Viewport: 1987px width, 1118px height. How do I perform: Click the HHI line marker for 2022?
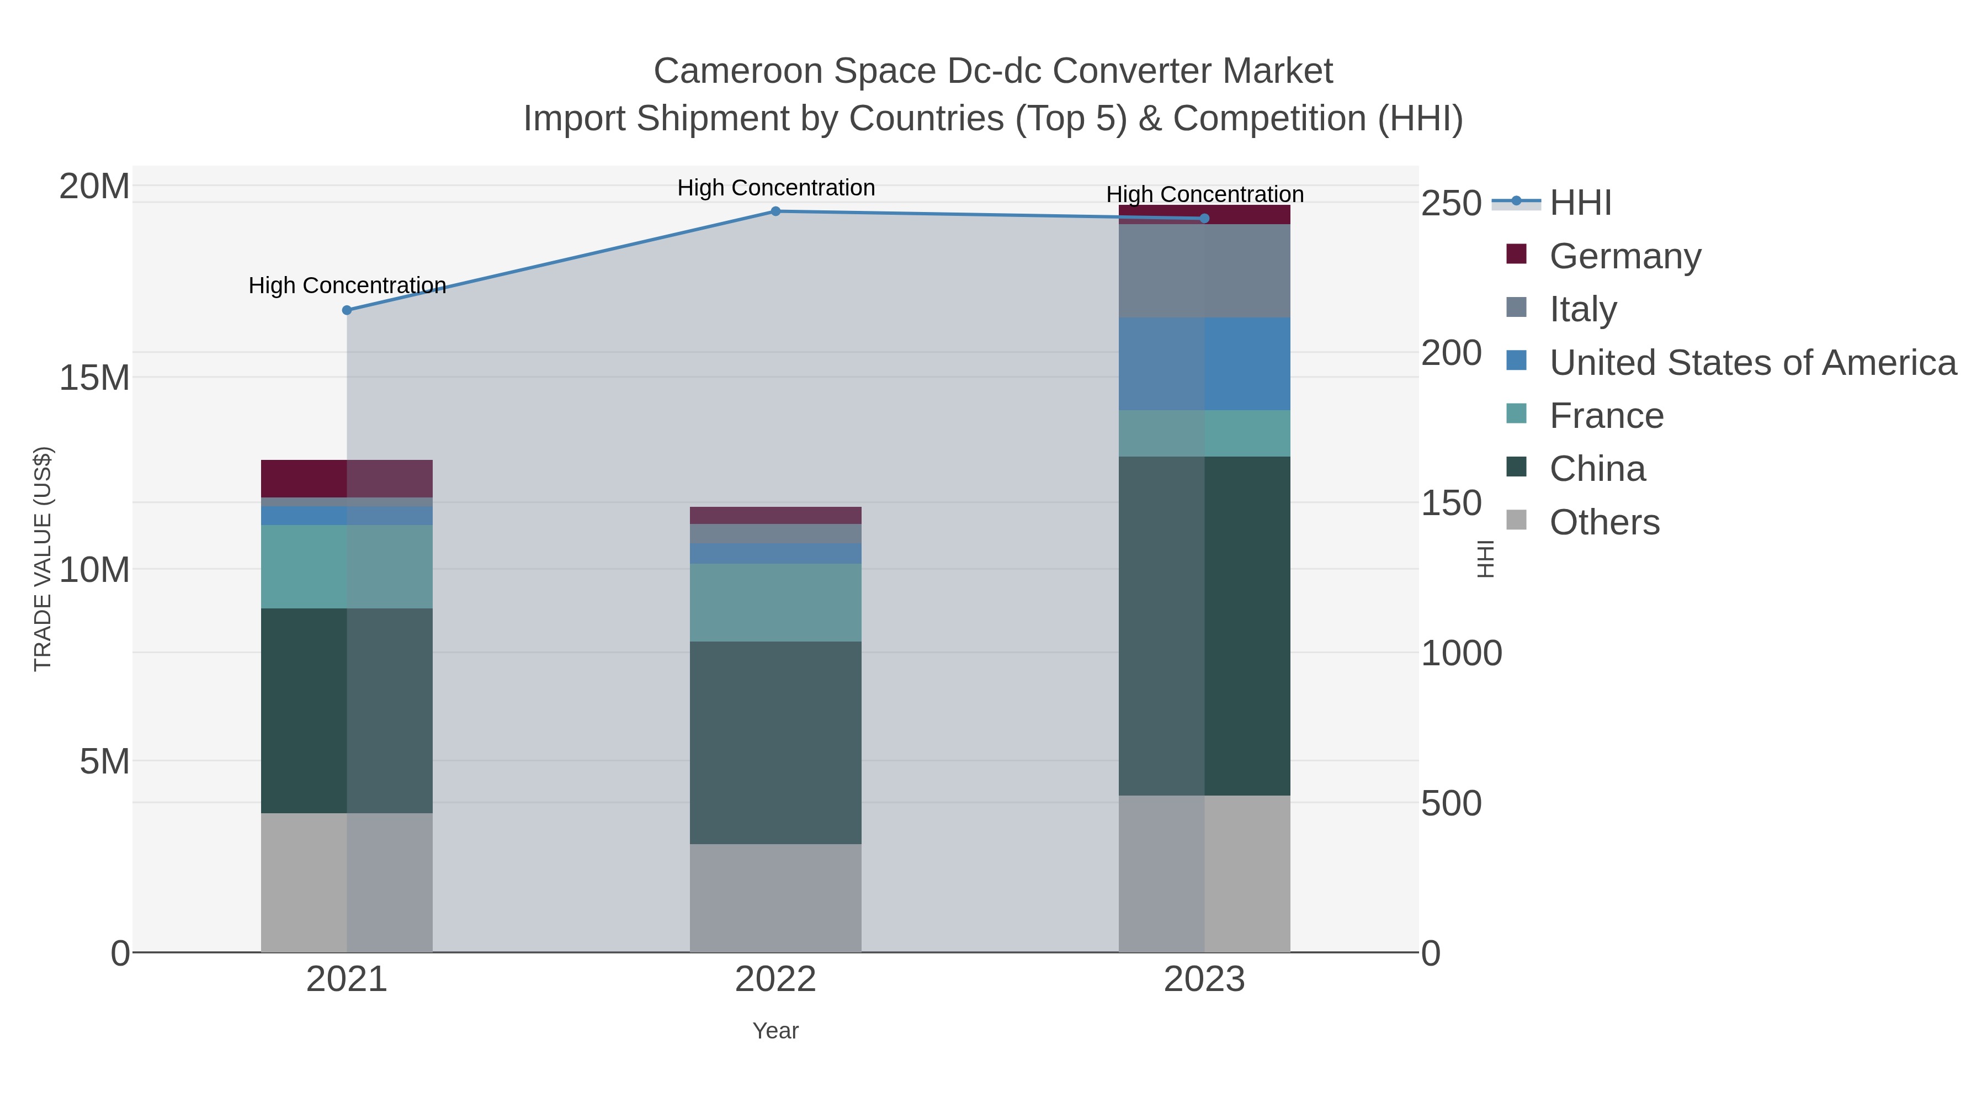pyautogui.click(x=775, y=211)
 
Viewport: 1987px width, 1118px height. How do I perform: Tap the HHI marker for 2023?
pyautogui.click(x=1204, y=218)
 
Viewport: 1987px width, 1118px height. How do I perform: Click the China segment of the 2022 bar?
pyautogui.click(x=775, y=742)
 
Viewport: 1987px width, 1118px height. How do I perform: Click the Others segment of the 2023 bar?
pyautogui.click(x=1204, y=873)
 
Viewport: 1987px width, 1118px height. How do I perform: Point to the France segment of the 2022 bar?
pyautogui.click(x=775, y=602)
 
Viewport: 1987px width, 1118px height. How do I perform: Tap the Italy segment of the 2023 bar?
pyautogui.click(x=1204, y=271)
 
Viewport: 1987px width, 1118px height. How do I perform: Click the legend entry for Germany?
pyautogui.click(x=1624, y=256)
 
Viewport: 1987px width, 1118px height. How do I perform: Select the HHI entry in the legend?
pyautogui.click(x=1580, y=203)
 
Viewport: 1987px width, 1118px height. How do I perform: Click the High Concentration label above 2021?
pyautogui.click(x=347, y=285)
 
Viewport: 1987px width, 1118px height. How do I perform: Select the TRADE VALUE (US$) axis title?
pyautogui.click(x=42, y=559)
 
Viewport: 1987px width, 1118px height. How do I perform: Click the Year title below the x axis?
pyautogui.click(x=775, y=1031)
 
